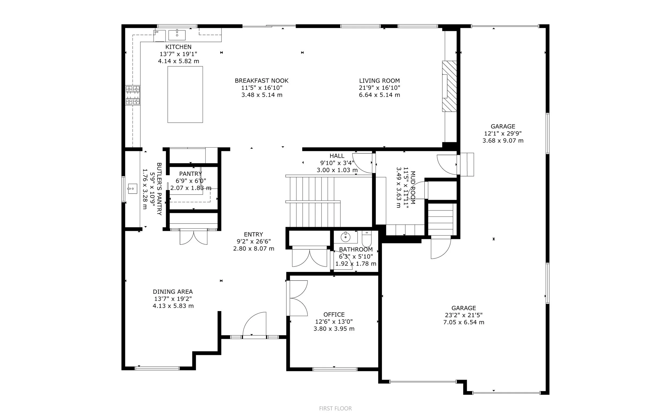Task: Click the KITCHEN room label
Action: pyautogui.click(x=178, y=47)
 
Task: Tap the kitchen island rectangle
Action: pyautogui.click(x=185, y=94)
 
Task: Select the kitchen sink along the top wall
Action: pyautogui.click(x=177, y=35)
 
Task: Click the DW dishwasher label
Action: pyautogui.click(x=156, y=32)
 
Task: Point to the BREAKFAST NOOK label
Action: pyautogui.click(x=262, y=81)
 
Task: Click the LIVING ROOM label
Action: pyautogui.click(x=380, y=81)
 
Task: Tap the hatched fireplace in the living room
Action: pyautogui.click(x=449, y=86)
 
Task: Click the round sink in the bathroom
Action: pyautogui.click(x=345, y=237)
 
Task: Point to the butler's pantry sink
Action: pyautogui.click(x=132, y=188)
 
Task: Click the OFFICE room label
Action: pyautogui.click(x=334, y=315)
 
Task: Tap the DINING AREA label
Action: pyautogui.click(x=173, y=292)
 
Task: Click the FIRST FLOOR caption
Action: pyautogui.click(x=336, y=408)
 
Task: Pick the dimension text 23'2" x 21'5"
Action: pyautogui.click(x=464, y=315)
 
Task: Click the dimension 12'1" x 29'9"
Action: pyautogui.click(x=503, y=133)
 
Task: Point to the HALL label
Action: pyautogui.click(x=337, y=156)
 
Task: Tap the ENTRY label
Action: pyautogui.click(x=253, y=234)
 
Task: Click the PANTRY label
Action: pyautogui.click(x=191, y=174)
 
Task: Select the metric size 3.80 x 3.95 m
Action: pyautogui.click(x=334, y=329)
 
